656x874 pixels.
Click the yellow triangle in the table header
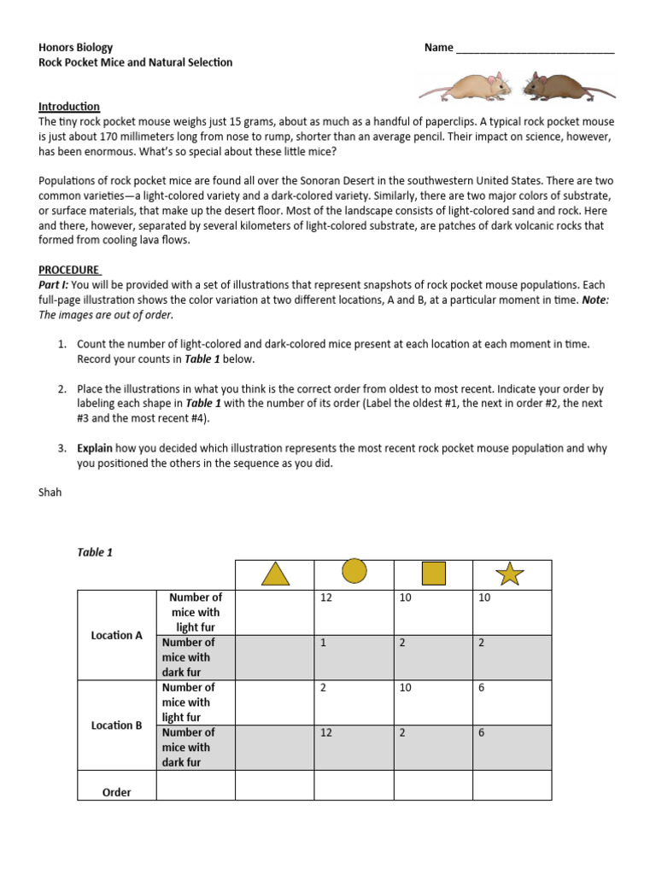click(274, 574)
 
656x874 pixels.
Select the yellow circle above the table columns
click(354, 571)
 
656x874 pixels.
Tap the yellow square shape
click(433, 574)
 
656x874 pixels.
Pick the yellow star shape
click(510, 574)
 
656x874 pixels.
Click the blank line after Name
click(535, 49)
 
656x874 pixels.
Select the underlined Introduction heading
click(69, 107)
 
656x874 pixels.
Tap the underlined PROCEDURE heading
click(69, 270)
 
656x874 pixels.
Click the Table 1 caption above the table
click(95, 552)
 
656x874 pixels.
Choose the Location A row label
click(117, 635)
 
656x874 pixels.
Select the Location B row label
click(117, 725)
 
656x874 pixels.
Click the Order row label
click(117, 792)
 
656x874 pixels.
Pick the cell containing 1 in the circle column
click(354, 657)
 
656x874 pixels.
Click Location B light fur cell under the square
click(433, 702)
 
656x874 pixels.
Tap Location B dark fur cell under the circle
click(354, 748)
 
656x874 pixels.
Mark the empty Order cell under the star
click(512, 785)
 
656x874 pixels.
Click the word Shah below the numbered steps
click(50, 492)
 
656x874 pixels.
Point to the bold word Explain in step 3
click(95, 448)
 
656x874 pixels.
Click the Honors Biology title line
click(76, 48)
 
